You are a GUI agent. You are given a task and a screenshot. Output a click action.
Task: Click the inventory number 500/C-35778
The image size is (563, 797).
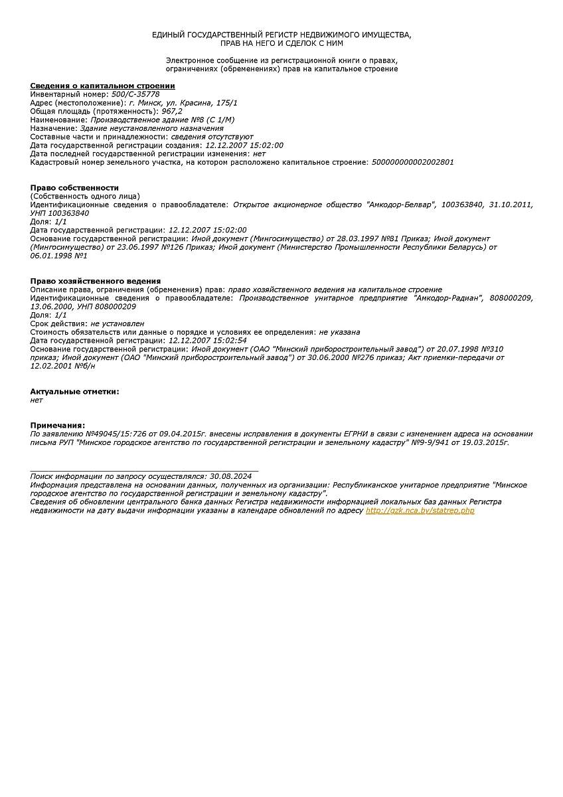coord(135,94)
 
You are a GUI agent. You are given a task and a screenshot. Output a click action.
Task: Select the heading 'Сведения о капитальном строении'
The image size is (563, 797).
coord(102,86)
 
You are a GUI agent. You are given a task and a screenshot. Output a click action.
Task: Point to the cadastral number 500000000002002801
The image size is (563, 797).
coord(413,162)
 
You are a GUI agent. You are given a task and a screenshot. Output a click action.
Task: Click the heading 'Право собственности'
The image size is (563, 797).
coord(74,188)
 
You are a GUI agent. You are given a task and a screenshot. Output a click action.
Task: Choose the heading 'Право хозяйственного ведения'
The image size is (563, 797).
coord(96,281)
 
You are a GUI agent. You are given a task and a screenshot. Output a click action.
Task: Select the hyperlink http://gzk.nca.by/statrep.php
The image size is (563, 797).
coord(420,511)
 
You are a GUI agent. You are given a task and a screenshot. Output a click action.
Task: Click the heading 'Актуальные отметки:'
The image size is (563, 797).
coord(74,391)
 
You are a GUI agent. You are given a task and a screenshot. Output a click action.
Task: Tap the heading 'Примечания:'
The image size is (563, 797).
coord(58,425)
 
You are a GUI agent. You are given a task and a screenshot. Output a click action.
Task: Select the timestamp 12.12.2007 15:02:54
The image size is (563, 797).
coord(207,340)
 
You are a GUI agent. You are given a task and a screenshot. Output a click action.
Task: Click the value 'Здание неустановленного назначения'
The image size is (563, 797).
coord(152,128)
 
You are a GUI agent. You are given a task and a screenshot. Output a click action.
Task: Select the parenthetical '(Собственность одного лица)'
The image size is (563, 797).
coord(85,196)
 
